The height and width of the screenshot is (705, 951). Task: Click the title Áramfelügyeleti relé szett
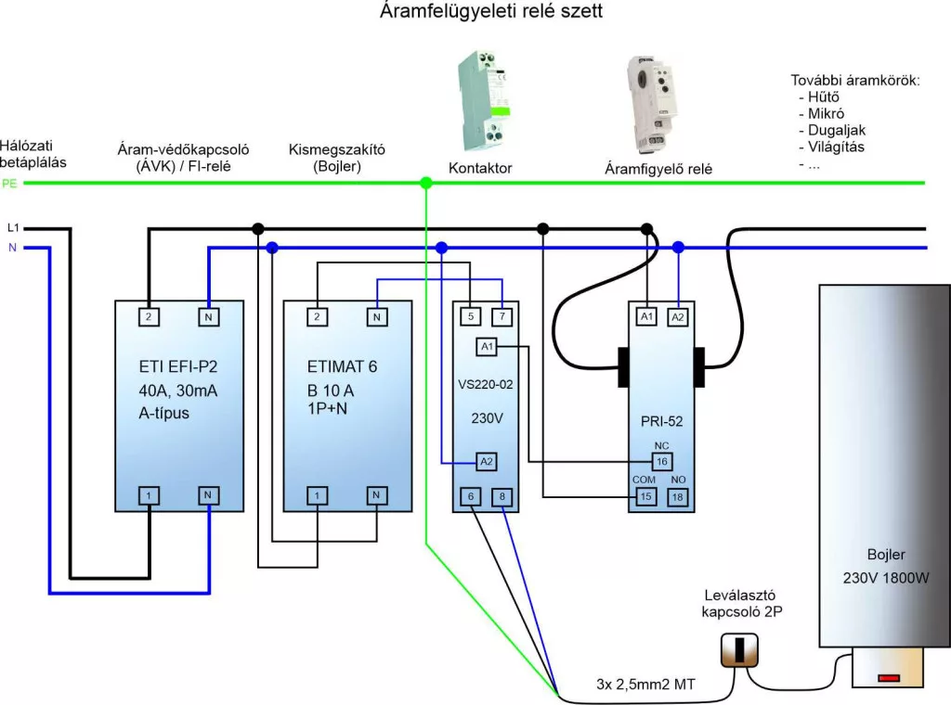[x=491, y=13]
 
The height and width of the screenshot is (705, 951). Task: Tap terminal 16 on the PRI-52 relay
[x=661, y=460]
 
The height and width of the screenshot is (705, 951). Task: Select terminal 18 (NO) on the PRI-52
[x=677, y=496]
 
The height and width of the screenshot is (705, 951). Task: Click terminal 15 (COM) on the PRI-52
[x=645, y=496]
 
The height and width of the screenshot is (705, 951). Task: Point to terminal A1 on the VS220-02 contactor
[x=487, y=347]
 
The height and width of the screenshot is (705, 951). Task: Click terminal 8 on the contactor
[x=502, y=497]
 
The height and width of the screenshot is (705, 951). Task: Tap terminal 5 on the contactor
[x=470, y=316]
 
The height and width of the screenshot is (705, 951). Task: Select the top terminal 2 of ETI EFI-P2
[x=149, y=316]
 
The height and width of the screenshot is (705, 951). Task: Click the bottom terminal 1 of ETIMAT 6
[x=318, y=496]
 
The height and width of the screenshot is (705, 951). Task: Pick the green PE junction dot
[x=426, y=184]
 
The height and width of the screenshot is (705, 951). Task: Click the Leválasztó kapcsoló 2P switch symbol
[x=739, y=650]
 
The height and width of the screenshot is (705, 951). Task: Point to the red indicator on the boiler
[x=889, y=678]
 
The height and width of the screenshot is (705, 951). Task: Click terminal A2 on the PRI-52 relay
[x=677, y=316]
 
